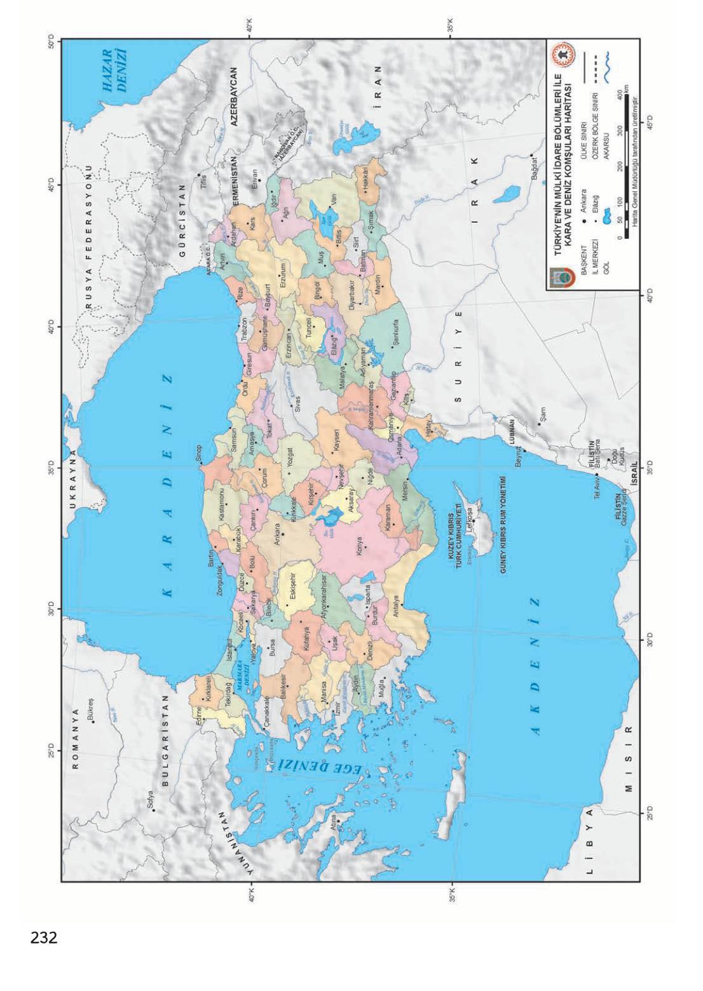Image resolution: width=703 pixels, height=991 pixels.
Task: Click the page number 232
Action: (x=44, y=937)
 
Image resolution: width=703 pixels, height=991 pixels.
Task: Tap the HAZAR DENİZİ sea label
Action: (x=115, y=71)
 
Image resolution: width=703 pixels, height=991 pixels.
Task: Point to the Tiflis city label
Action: (x=204, y=180)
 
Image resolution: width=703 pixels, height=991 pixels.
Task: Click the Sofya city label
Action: (x=150, y=799)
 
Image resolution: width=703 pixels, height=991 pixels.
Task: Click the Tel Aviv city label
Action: (x=597, y=487)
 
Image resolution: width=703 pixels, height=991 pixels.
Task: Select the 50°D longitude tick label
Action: (x=50, y=41)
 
